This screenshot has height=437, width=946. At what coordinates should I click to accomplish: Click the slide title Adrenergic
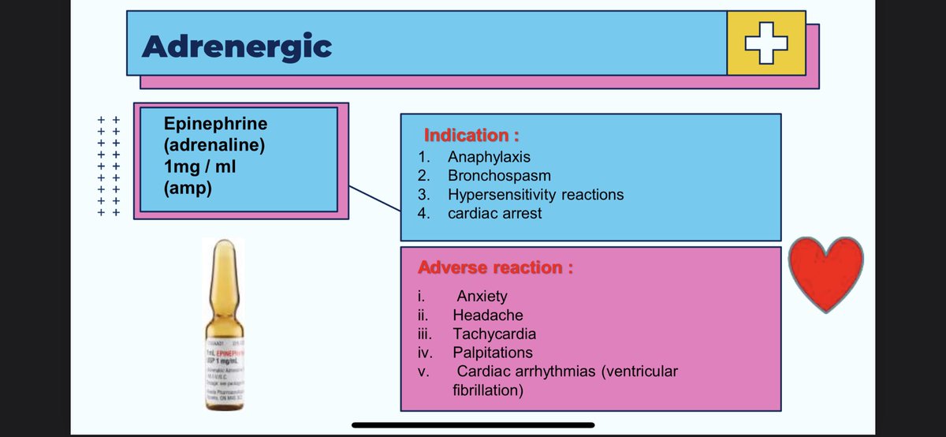(236, 47)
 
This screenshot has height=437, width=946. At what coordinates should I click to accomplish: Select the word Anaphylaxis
(490, 157)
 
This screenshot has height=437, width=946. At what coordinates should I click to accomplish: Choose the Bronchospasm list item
(499, 175)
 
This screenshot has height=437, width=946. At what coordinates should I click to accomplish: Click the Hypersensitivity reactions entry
(535, 194)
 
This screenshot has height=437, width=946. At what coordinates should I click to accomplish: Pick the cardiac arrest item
(494, 213)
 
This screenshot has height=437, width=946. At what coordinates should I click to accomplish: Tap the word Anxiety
(482, 297)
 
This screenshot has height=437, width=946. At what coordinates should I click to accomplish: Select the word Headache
(487, 316)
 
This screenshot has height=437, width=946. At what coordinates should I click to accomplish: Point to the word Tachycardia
(494, 334)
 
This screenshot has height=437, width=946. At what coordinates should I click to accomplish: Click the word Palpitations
(493, 353)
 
